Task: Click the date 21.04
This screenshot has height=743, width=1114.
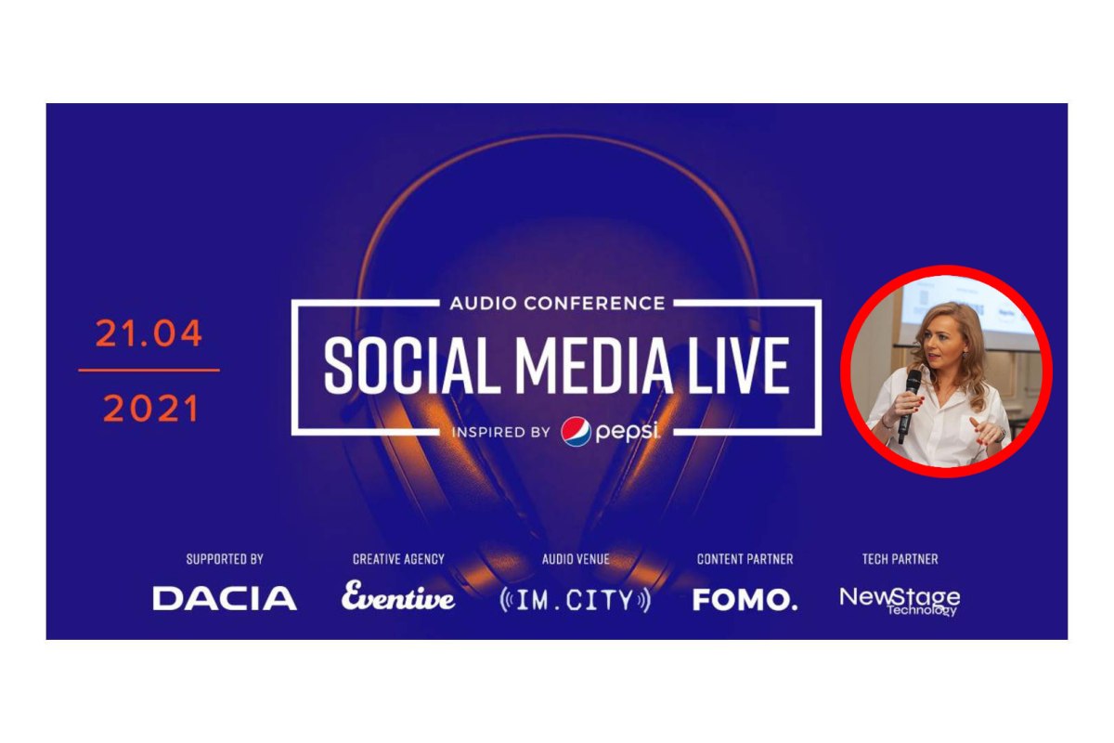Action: pos(149,335)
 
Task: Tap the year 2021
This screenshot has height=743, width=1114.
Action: pos(150,409)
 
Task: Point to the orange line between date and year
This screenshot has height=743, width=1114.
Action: pos(149,371)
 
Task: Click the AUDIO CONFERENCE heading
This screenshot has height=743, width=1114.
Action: pos(557,304)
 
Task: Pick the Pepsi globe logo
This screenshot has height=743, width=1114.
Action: pos(576,433)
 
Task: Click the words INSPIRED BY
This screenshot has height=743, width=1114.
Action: pos(501,433)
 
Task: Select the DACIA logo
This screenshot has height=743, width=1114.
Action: pos(225,599)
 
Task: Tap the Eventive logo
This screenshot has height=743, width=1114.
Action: pos(398,597)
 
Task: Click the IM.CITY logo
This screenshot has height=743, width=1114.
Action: pos(576,600)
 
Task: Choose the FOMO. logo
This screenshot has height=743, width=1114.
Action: pos(745,600)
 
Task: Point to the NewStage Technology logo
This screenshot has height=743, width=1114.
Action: pos(900,600)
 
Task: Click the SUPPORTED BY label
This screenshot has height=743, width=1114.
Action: pos(225,559)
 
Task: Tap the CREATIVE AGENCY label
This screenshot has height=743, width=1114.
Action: pos(398,559)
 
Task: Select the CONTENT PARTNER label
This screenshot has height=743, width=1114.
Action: pos(745,559)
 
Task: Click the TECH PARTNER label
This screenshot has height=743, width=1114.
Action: pos(900,559)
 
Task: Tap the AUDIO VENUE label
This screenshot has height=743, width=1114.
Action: pos(576,559)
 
